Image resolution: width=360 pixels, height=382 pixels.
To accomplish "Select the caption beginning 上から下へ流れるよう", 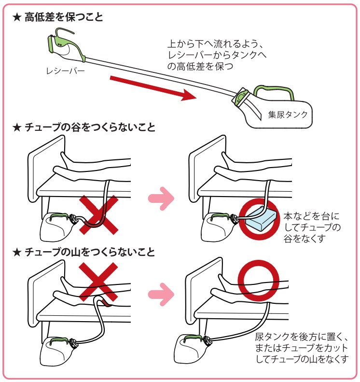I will [x=216, y=55].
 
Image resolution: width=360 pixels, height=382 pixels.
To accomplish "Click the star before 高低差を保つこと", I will [x=17, y=18].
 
